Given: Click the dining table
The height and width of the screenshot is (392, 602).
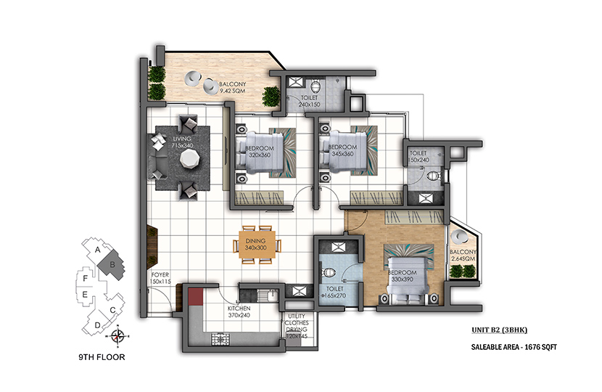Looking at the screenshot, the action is (257, 245).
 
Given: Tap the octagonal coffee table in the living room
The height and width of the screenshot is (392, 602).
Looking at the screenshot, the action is (190, 158).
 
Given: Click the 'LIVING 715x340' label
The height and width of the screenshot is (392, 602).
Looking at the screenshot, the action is (182, 142).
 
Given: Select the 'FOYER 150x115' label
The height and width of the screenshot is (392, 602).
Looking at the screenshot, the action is (160, 278).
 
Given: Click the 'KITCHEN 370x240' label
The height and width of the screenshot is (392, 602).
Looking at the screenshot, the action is (239, 311).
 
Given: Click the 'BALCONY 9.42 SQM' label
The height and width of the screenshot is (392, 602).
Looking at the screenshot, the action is (232, 87).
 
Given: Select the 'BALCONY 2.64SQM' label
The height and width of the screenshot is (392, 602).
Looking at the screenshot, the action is (463, 256).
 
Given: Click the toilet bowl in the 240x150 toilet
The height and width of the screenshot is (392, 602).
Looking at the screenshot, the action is (316, 86).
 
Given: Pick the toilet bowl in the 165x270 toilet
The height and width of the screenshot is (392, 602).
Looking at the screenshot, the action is (330, 273).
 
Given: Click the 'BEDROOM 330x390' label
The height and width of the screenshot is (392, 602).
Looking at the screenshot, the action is (402, 276).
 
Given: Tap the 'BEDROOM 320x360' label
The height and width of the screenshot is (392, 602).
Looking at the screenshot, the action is (260, 152).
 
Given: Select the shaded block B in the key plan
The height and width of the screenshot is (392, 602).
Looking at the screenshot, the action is (112, 265).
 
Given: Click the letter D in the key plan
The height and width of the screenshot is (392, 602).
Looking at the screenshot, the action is (97, 325).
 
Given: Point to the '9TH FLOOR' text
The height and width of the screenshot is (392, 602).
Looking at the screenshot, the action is (102, 357).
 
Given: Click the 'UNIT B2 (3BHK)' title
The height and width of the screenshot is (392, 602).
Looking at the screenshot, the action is (500, 330).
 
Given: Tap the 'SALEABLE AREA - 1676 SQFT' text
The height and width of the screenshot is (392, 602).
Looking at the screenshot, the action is (514, 347).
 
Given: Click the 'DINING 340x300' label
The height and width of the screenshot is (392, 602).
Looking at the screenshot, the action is (256, 245).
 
